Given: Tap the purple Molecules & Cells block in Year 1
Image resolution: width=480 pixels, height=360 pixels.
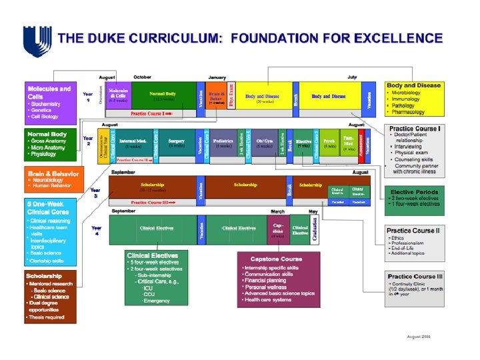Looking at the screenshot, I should click(118, 95).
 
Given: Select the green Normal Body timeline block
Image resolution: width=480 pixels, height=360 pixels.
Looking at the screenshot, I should click(163, 95).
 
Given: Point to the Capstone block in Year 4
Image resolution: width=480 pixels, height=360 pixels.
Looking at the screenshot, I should click(279, 229).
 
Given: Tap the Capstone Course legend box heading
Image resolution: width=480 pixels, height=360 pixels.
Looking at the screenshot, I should click(276, 259).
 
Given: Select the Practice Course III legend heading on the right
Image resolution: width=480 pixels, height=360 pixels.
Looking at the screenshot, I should click(414, 277).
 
